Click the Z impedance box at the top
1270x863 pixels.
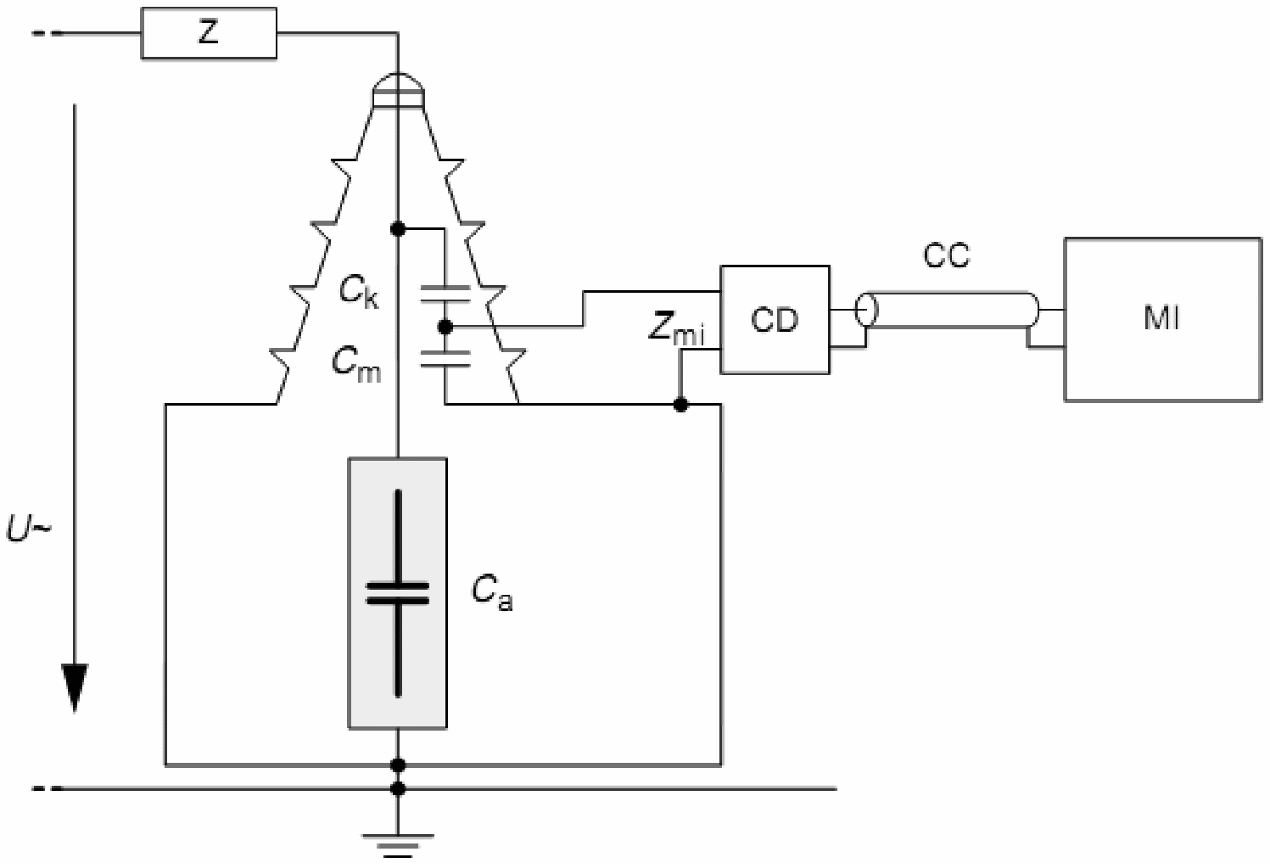tap(208, 34)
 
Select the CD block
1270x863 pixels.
tap(775, 320)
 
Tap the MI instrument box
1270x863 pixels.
tap(1161, 319)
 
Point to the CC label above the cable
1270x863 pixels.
tap(946, 255)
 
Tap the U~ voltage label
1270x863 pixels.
tap(29, 531)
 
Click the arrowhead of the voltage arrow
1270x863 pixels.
tap(76, 687)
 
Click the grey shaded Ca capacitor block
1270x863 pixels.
tap(398, 593)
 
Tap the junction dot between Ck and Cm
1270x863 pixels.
tap(444, 326)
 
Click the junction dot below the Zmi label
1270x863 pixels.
tap(680, 405)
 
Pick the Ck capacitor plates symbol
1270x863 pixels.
tap(445, 294)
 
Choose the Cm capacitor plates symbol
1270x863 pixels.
tap(445, 358)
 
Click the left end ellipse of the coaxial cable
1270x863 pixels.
tap(865, 310)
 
